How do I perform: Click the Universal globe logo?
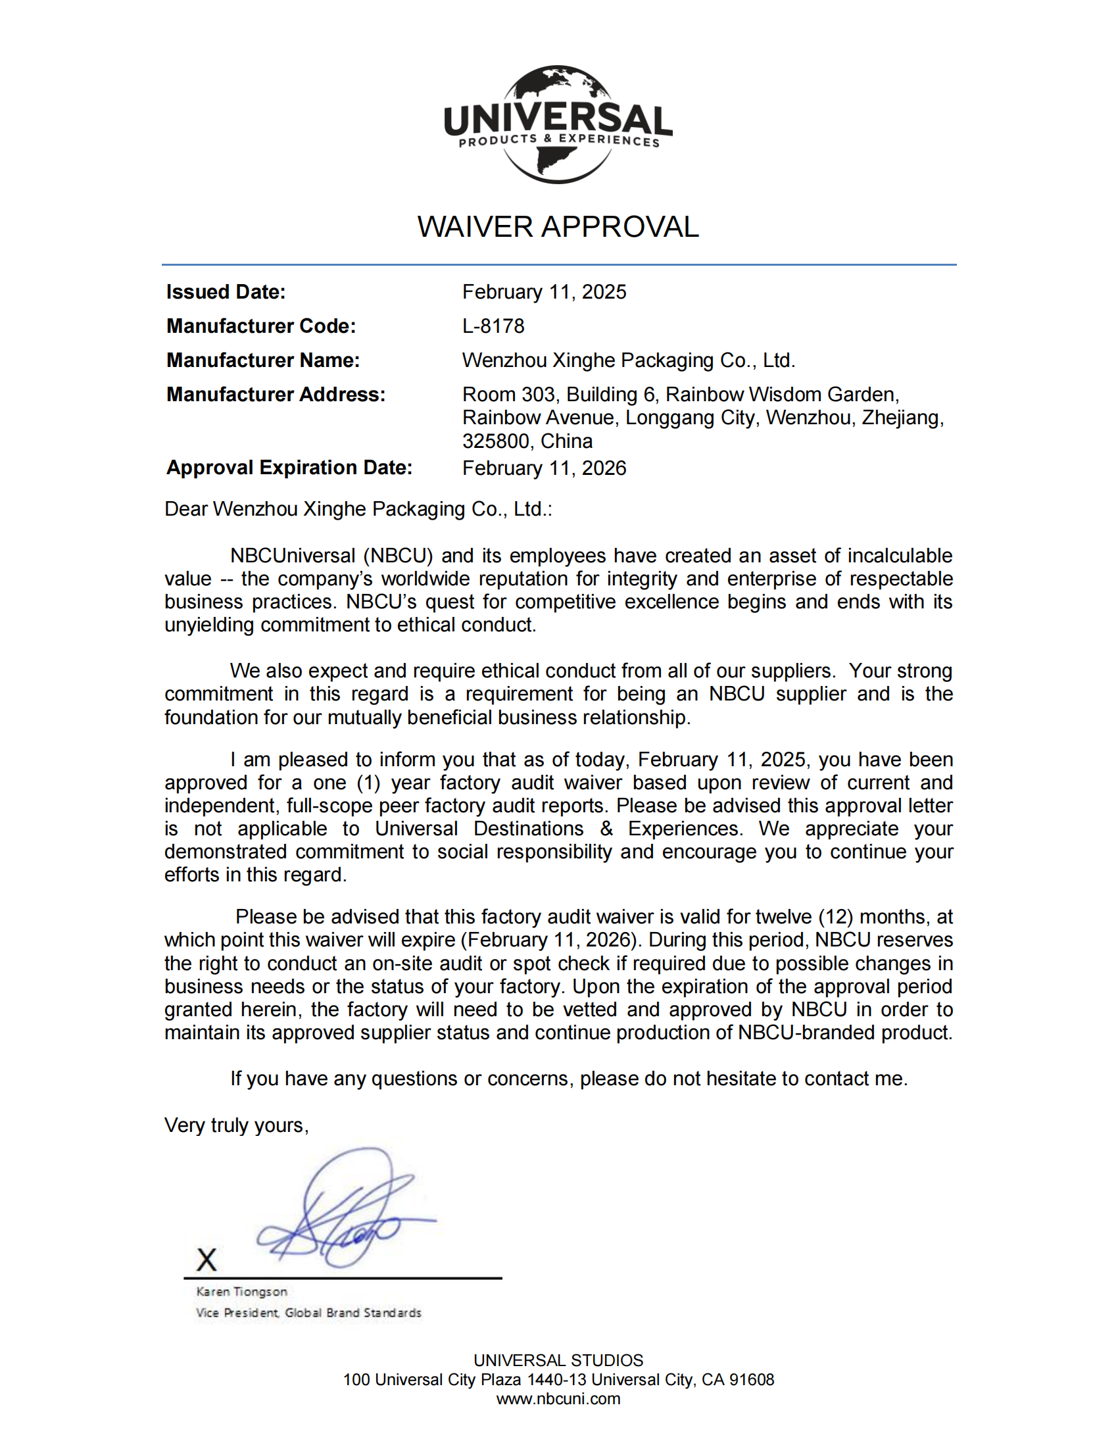pos(558,124)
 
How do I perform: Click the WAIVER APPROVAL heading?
pos(558,228)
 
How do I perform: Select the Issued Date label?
pos(226,292)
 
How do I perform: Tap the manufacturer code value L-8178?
pos(493,326)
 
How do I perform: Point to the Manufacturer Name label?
pos(263,360)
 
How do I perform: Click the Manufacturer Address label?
pos(276,395)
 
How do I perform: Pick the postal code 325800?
pos(495,441)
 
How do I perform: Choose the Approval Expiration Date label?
pos(289,468)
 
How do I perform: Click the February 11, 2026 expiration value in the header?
pos(544,468)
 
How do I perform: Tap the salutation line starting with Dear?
pos(358,509)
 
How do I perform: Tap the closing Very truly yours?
pos(237,1125)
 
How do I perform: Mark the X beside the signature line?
pos(207,1260)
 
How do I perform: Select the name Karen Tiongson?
pos(242,1291)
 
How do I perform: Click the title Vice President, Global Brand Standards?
pos(308,1313)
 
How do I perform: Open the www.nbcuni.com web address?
pos(558,1399)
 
